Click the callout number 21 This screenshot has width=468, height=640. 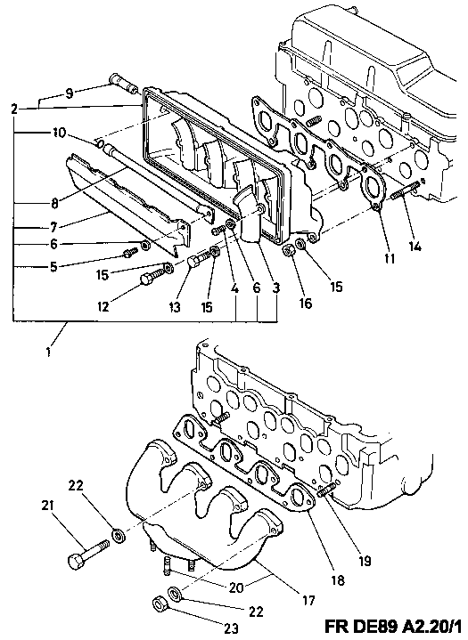pyautogui.click(x=47, y=505)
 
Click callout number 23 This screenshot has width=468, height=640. pyautogui.click(x=232, y=628)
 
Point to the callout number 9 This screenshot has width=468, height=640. pyautogui.click(x=70, y=93)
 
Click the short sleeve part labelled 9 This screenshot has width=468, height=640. pyautogui.click(x=124, y=83)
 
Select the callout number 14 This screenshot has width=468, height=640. pyautogui.click(x=415, y=247)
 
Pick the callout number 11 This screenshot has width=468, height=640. pyautogui.click(x=390, y=258)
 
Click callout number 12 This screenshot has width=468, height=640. pyautogui.click(x=103, y=305)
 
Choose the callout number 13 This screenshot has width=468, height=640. pyautogui.click(x=175, y=306)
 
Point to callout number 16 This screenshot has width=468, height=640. pyautogui.click(x=306, y=304)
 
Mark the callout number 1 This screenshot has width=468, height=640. pyautogui.click(x=49, y=352)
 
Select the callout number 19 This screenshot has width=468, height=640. pyautogui.click(x=365, y=561)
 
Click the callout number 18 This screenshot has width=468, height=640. pyautogui.click(x=339, y=580)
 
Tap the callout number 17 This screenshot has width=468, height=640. pyautogui.click(x=308, y=600)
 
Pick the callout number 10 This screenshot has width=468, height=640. pyautogui.click(x=59, y=133)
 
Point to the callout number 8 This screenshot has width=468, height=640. pyautogui.click(x=55, y=203)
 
